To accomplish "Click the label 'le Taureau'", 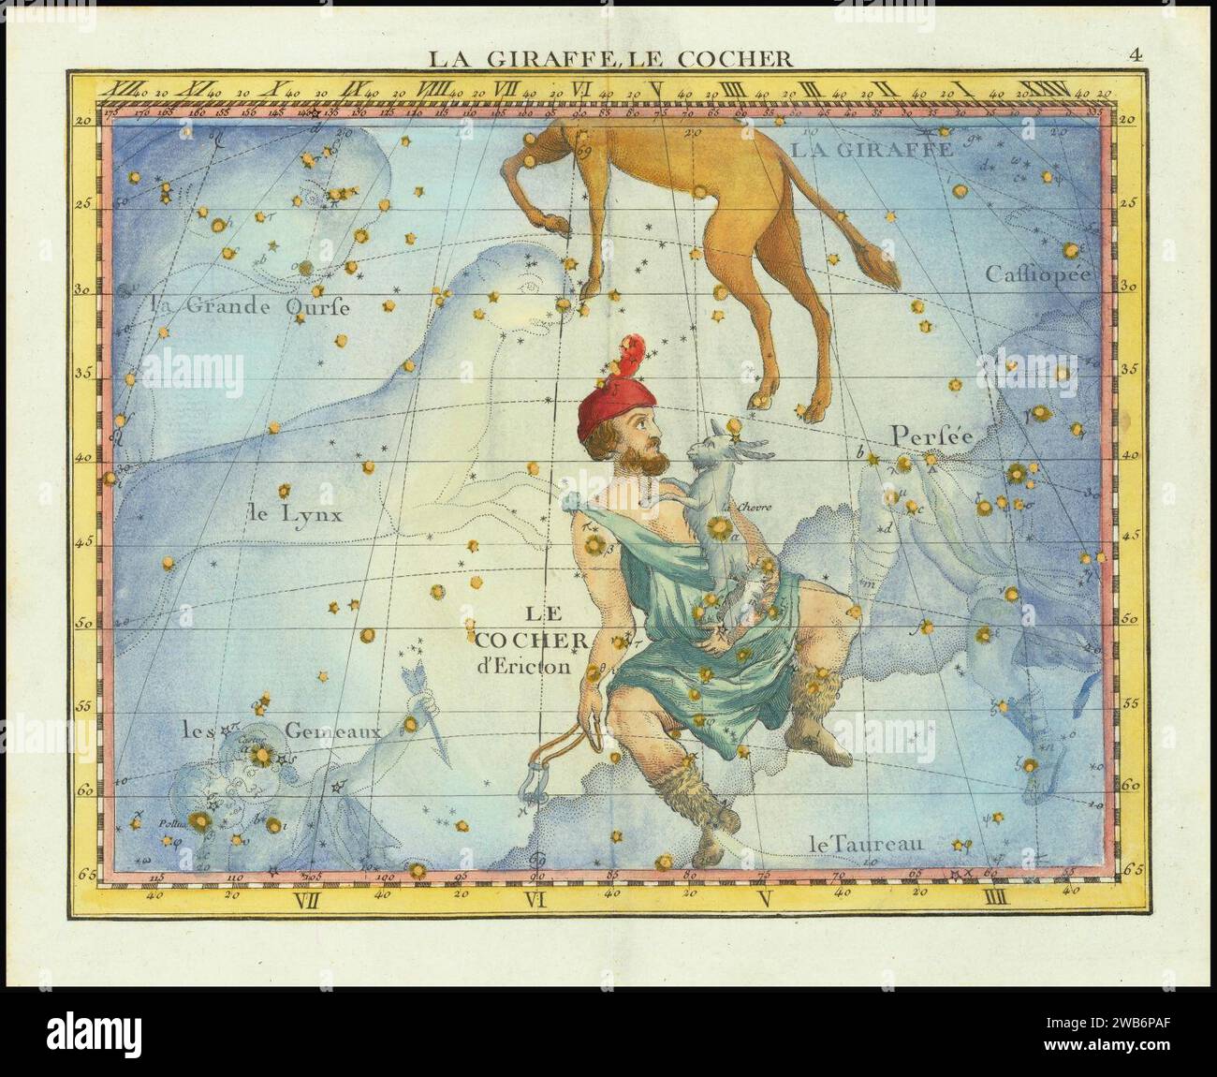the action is pyautogui.click(x=866, y=845).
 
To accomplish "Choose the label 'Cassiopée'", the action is pyautogui.click(x=1038, y=274).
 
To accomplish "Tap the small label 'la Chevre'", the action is pyautogui.click(x=746, y=508).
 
